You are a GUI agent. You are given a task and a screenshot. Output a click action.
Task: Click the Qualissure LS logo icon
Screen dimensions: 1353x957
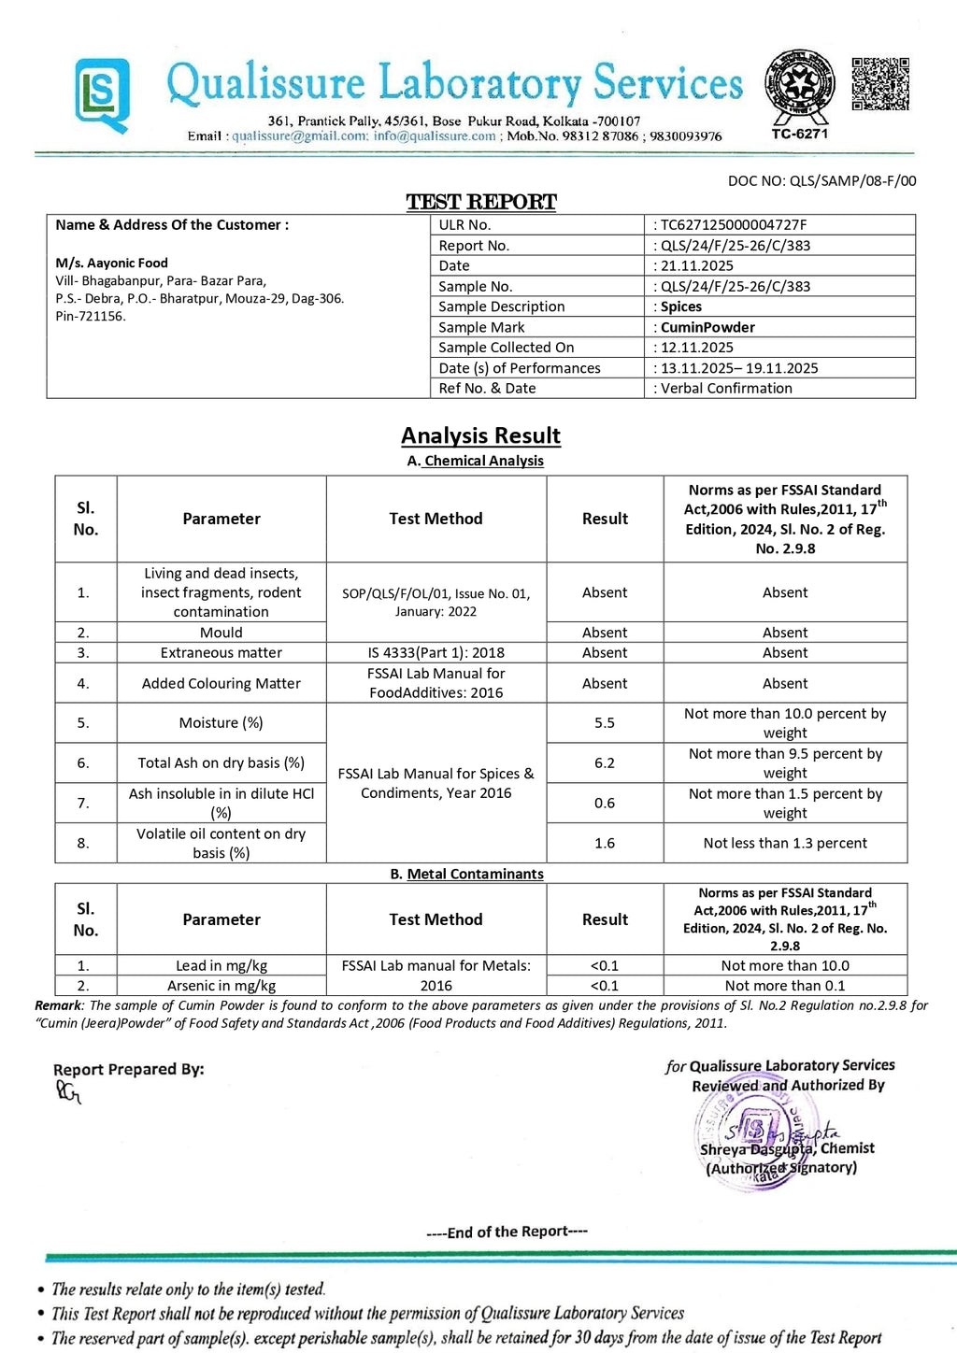(x=102, y=94)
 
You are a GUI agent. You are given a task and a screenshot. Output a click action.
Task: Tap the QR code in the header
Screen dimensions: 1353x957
(x=880, y=84)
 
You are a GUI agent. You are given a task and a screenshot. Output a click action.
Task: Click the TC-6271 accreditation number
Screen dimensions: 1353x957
(x=799, y=134)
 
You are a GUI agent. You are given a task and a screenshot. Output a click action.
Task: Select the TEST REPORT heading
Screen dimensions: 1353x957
(x=481, y=202)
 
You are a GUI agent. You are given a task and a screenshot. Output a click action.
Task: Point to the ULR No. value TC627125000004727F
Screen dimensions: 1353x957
(x=734, y=225)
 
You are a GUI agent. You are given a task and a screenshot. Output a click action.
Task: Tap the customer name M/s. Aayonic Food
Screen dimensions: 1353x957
(x=112, y=263)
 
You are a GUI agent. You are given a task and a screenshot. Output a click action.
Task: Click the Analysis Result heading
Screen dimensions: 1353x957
(x=480, y=435)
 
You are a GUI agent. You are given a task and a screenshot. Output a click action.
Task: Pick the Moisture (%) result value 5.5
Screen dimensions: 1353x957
(x=605, y=723)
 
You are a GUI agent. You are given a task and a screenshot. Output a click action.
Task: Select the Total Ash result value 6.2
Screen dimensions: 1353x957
(x=605, y=763)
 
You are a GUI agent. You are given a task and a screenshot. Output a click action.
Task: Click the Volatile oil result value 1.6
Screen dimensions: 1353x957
(x=605, y=843)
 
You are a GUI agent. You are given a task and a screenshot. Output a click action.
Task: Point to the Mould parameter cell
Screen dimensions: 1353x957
(x=221, y=633)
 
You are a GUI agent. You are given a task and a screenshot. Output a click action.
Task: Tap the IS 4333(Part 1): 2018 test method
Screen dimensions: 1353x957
(x=436, y=653)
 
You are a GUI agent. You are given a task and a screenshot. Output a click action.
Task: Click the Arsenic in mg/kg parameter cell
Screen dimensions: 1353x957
(x=221, y=986)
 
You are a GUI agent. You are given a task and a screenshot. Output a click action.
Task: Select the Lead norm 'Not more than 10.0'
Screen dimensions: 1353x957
(x=785, y=966)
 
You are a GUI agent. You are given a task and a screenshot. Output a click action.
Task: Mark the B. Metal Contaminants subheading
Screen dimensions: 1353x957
(x=466, y=874)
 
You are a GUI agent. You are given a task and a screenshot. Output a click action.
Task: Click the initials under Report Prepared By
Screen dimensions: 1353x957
(x=68, y=1091)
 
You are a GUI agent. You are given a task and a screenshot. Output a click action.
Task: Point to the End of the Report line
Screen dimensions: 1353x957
(x=507, y=1232)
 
